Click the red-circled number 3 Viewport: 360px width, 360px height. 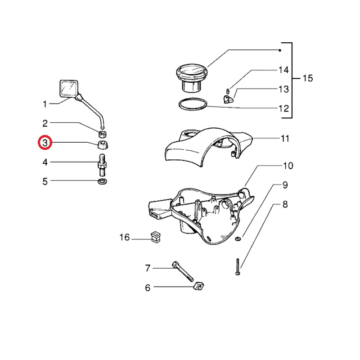(x=45, y=143)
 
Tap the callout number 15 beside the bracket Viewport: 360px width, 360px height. (x=308, y=78)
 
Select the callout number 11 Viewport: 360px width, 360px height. (x=285, y=139)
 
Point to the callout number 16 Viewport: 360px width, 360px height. (x=125, y=237)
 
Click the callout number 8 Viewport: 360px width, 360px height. (x=285, y=204)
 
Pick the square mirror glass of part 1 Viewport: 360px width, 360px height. (x=69, y=88)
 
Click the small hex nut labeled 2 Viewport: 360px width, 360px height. (x=103, y=134)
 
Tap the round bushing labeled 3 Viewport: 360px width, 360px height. (x=103, y=144)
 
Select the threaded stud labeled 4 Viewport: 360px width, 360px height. (x=103, y=165)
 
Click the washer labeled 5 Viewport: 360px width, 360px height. (x=103, y=181)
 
